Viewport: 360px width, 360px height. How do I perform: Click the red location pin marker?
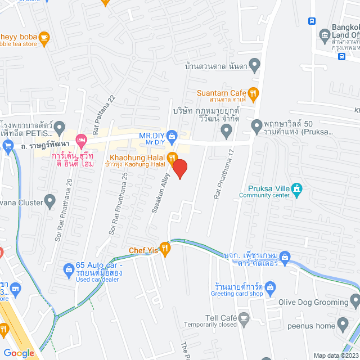pyautogui.click(x=179, y=168)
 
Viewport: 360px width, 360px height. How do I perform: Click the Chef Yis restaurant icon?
pyautogui.click(x=165, y=248)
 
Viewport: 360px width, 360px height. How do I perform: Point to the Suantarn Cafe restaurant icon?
pyautogui.click(x=254, y=93)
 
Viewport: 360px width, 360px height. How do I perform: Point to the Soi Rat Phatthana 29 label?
pyautogui.click(x=63, y=210)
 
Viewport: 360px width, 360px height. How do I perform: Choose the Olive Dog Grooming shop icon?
pyautogui.click(x=354, y=301)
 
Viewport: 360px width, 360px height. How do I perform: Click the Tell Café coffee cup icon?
pyautogui.click(x=244, y=318)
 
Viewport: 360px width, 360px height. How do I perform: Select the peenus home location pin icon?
pyautogui.click(x=344, y=325)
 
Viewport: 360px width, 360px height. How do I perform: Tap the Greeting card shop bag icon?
pyautogui.click(x=271, y=289)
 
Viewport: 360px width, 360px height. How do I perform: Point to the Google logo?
pyautogui.click(x=19, y=353)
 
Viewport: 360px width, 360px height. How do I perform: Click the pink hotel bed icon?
pyautogui.click(x=82, y=138)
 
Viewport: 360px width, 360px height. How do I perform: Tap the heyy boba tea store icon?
pyautogui.click(x=44, y=38)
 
